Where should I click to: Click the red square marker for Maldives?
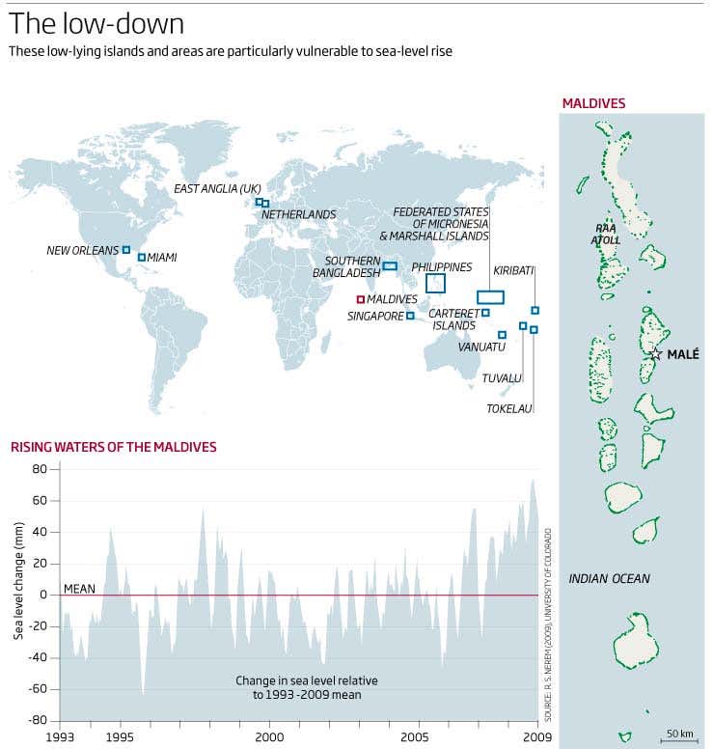(360, 299)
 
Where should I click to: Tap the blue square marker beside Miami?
(141, 257)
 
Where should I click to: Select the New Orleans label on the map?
(82, 250)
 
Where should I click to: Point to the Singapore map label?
(374, 316)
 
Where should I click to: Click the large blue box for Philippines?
(435, 283)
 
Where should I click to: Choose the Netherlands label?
(298, 214)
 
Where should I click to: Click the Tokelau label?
(509, 408)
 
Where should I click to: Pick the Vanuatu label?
(481, 347)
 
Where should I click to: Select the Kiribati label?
(513, 270)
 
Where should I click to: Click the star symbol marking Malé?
(656, 354)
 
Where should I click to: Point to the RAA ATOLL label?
(607, 235)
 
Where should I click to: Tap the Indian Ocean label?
(609, 579)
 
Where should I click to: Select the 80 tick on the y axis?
(40, 469)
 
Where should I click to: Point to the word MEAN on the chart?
(79, 588)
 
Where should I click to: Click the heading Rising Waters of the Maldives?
(113, 447)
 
